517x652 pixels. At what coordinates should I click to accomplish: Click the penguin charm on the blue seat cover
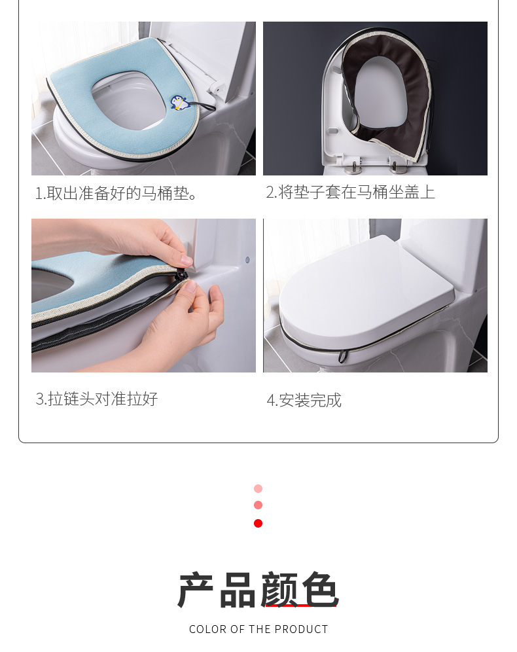(180, 102)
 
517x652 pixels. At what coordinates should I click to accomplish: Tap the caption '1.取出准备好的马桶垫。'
(116, 193)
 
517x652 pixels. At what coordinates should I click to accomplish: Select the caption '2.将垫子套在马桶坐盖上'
(350, 192)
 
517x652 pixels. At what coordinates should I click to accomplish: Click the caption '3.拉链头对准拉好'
(97, 399)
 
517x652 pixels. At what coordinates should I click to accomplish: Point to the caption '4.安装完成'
(304, 400)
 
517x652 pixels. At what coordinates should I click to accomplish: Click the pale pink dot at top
(258, 488)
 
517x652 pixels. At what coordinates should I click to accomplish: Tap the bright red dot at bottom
(258, 523)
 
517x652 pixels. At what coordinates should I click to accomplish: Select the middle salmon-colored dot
(258, 505)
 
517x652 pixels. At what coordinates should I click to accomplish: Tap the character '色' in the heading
(320, 590)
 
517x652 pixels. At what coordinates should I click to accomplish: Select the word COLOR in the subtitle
(208, 629)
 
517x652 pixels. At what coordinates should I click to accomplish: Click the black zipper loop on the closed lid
(343, 357)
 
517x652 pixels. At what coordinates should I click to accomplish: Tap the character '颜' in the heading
(279, 590)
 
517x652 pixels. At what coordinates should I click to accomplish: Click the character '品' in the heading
(238, 590)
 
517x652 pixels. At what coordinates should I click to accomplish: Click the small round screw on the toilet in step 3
(247, 260)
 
